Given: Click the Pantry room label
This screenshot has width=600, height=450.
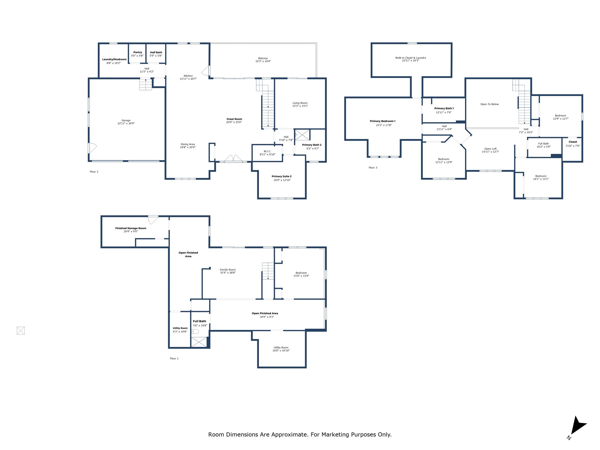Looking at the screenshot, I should click(x=137, y=52).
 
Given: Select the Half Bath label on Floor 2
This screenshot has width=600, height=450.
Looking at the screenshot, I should click(x=156, y=52).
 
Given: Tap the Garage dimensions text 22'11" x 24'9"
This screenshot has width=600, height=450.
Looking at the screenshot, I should click(x=126, y=124).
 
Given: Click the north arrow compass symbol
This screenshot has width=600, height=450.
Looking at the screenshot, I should click(x=577, y=426).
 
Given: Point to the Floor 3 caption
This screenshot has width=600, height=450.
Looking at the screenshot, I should click(x=373, y=168).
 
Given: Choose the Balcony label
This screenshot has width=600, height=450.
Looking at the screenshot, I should click(x=263, y=58).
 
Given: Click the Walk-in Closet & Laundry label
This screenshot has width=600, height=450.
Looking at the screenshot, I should click(x=410, y=58).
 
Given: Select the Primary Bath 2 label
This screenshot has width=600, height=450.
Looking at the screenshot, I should click(x=312, y=145).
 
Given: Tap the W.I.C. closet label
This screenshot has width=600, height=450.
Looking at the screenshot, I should click(x=267, y=151).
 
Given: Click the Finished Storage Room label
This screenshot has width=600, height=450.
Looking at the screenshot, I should click(x=131, y=228).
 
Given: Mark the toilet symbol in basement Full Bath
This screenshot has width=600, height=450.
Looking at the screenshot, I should click(x=195, y=332).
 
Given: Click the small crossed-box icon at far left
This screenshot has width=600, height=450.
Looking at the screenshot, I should click(x=21, y=331).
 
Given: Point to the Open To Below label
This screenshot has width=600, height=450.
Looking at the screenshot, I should click(x=489, y=104).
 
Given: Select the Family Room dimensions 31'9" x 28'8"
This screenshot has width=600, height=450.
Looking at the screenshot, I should click(x=228, y=273).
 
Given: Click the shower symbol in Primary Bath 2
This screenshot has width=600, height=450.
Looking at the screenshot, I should click(x=302, y=135).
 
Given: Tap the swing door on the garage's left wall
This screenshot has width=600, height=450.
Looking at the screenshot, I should click(x=92, y=148).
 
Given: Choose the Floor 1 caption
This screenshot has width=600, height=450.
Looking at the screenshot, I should click(x=174, y=359).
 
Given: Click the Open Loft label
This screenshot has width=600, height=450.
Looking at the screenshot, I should click(x=490, y=149).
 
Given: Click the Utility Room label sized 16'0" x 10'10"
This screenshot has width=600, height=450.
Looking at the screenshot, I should click(x=281, y=347).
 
